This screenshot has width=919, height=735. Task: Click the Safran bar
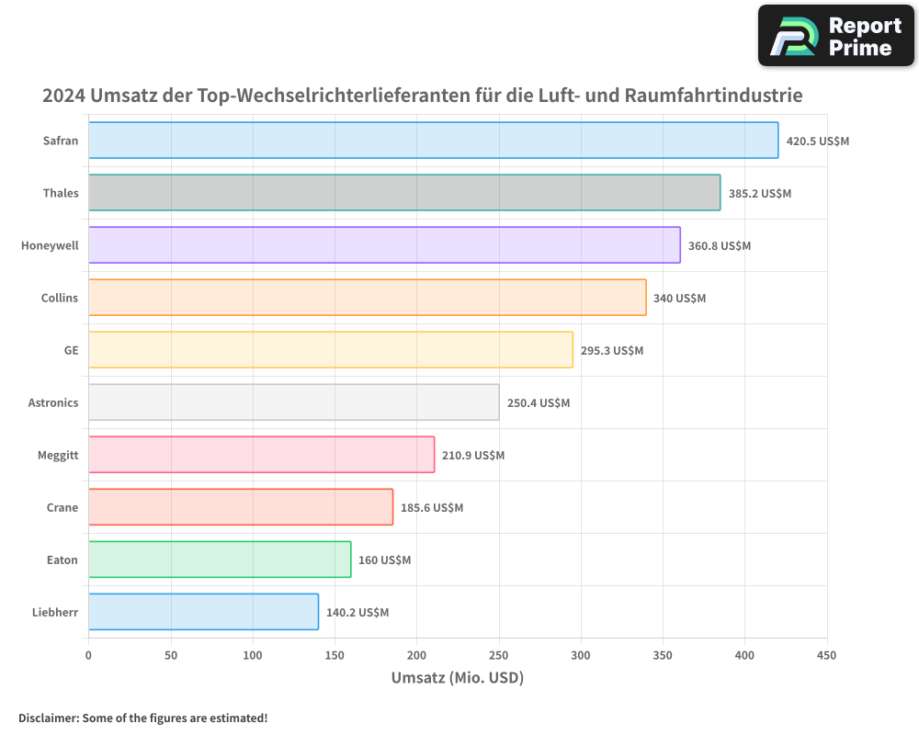coord(433,141)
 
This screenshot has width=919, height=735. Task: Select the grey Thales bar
coord(404,193)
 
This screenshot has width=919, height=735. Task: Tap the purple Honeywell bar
coord(384,245)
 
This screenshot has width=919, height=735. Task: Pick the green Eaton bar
coord(220,560)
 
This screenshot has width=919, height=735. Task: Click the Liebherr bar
coord(203,612)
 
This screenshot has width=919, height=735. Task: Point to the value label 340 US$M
coord(679,299)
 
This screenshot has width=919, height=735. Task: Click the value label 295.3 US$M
coord(612,351)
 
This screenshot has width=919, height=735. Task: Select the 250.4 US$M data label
coord(539,403)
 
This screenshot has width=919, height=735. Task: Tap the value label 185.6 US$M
coord(432,508)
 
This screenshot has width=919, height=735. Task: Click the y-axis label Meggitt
coord(58,456)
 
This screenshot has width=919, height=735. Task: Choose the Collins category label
coord(60,299)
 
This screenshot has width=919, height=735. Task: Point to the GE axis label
coord(71,351)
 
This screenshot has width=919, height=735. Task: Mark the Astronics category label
coord(53,403)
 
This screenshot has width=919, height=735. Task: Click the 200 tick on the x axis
coord(416,656)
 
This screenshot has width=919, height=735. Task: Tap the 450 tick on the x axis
coord(827,656)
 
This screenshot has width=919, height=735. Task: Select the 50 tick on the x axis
coord(171,656)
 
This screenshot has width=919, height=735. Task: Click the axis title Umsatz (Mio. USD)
coord(457,678)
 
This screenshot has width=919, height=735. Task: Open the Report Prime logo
coord(835,36)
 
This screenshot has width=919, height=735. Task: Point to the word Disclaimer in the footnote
coord(47,718)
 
